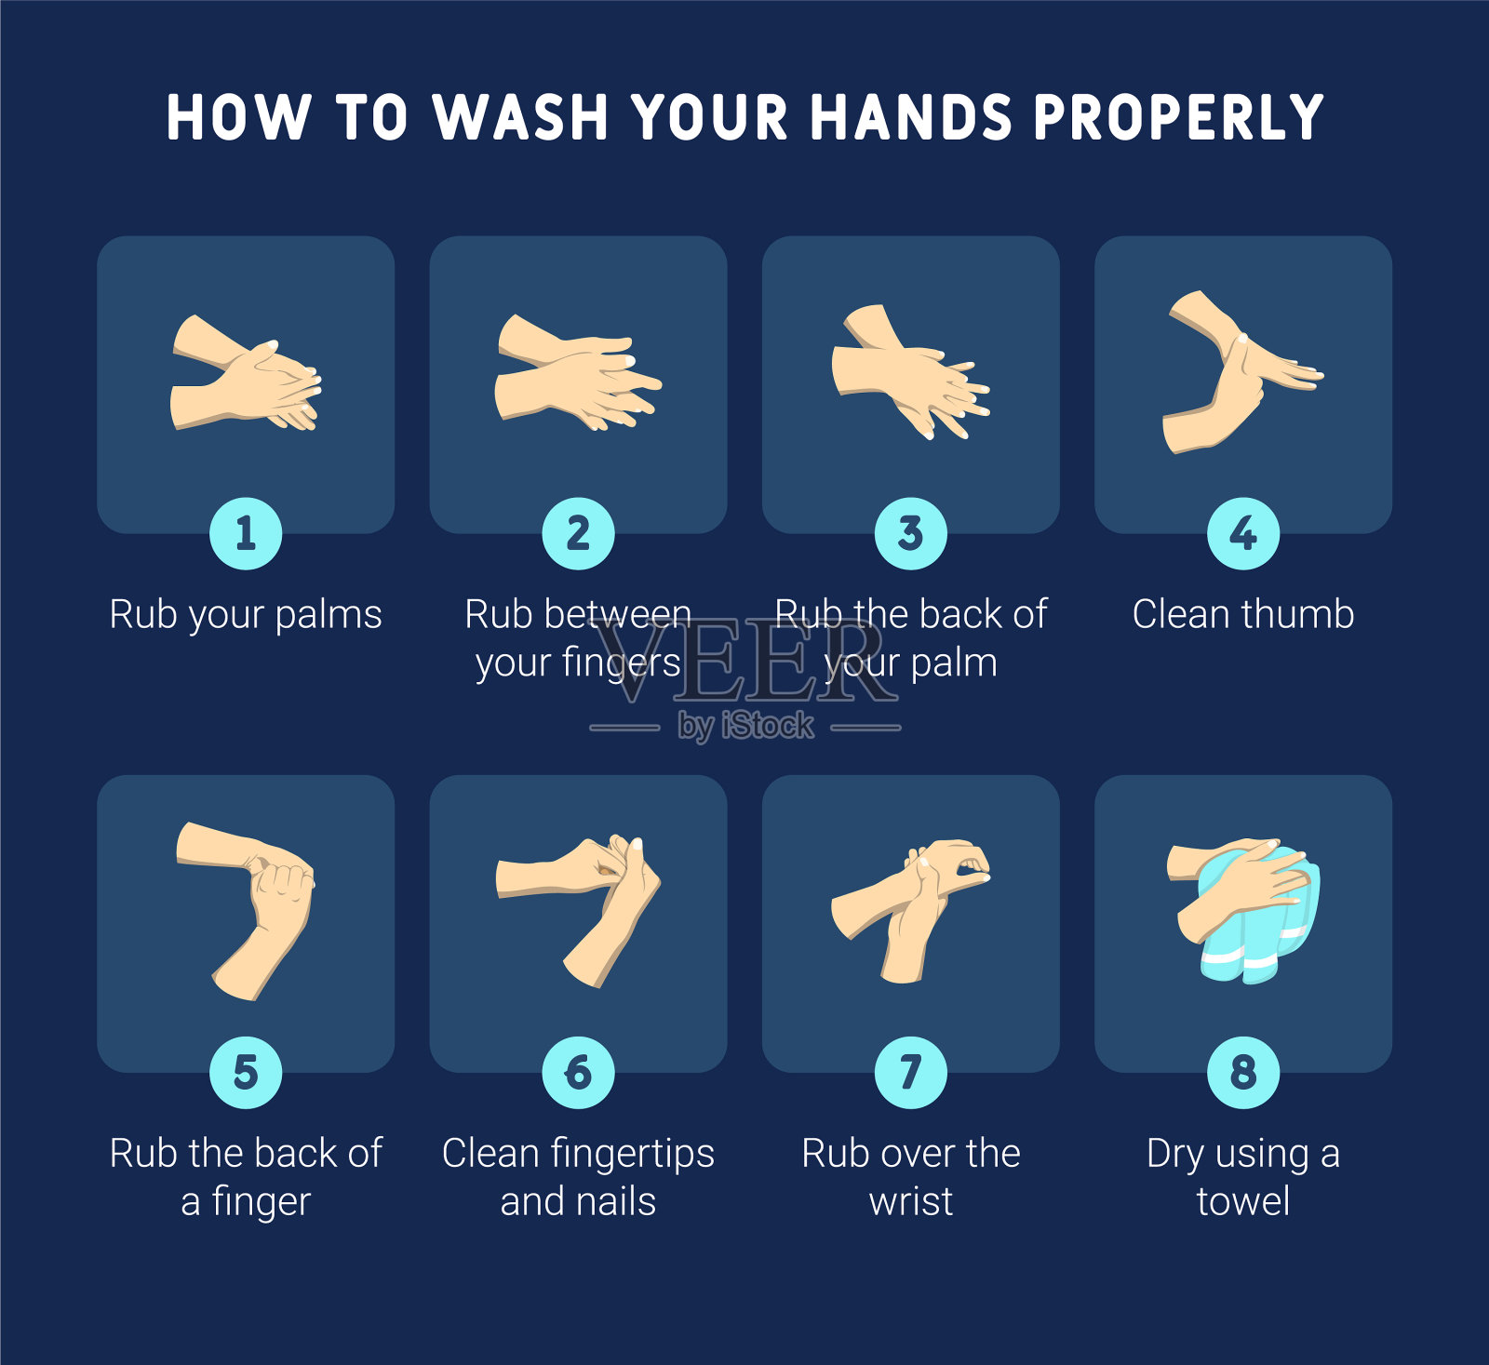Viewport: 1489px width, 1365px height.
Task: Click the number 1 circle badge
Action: pos(246,533)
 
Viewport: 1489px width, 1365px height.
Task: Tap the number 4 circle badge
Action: pos(1243,533)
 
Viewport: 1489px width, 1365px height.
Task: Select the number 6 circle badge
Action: pos(578,1072)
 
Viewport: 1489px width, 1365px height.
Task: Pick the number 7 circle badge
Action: pos(911,1072)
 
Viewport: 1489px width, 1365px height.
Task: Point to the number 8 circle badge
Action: pos(1243,1072)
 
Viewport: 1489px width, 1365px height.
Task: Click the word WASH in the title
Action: pos(521,117)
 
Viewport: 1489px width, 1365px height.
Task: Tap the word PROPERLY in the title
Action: pos(1178,117)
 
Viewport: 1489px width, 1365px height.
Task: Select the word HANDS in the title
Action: pos(911,117)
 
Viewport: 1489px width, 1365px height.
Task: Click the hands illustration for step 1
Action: pos(246,374)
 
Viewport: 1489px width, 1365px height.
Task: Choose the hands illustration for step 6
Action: pos(578,910)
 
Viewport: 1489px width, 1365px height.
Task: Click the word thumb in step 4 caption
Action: pos(1297,614)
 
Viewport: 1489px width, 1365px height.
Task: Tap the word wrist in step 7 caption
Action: pos(911,1201)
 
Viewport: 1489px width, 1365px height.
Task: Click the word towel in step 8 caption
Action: pos(1243,1201)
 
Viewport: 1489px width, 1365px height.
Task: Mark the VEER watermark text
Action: pos(744,662)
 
